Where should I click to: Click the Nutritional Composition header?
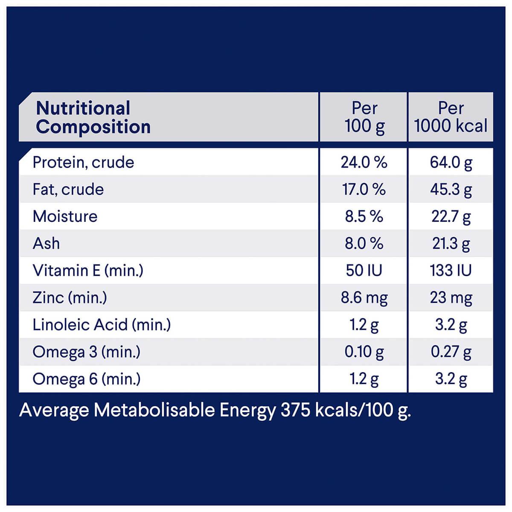click(x=93, y=117)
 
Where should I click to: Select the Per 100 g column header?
click(x=364, y=117)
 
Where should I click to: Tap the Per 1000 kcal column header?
click(x=451, y=117)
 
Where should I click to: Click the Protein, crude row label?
click(x=83, y=163)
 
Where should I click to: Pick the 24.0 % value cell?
click(x=364, y=163)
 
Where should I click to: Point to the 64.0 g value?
click(x=451, y=163)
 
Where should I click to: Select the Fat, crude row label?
click(x=68, y=189)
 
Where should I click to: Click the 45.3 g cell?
click(x=451, y=189)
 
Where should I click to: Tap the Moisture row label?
click(x=65, y=216)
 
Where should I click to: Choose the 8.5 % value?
click(x=364, y=216)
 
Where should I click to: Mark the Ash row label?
click(x=46, y=244)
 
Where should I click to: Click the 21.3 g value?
click(x=451, y=244)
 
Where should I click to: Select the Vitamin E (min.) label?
click(x=88, y=271)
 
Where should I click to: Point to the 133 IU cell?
click(x=451, y=271)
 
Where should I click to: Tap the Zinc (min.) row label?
click(x=70, y=297)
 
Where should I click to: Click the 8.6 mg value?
click(x=364, y=297)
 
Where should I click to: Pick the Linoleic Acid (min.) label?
click(x=102, y=325)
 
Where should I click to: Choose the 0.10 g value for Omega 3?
click(x=364, y=352)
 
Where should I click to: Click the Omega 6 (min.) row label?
click(x=86, y=379)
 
